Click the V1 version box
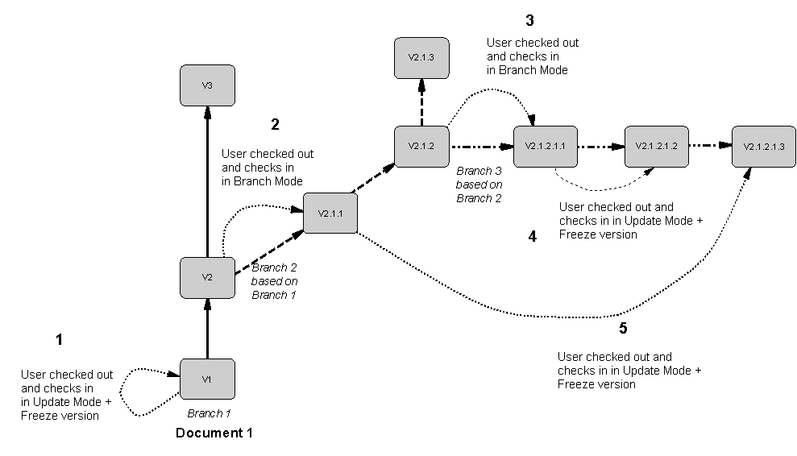(207, 379)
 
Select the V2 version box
(207, 278)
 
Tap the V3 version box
(207, 85)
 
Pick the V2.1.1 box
(330, 213)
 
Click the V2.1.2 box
(421, 147)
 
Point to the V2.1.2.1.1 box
(545, 147)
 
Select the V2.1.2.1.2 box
(656, 147)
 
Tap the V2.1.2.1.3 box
(763, 147)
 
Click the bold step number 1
(59, 340)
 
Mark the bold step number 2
(276, 124)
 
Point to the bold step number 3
(529, 21)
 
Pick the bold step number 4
(532, 237)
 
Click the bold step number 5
(623, 328)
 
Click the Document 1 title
(214, 433)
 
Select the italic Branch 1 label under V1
(209, 413)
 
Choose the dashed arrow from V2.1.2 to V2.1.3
(421, 103)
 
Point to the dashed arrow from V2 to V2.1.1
(268, 254)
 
